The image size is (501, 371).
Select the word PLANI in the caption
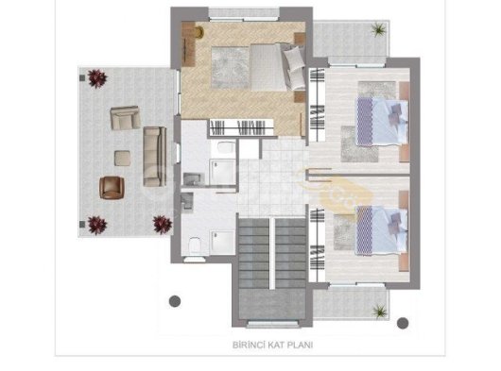300,345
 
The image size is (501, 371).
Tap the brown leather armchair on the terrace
112,188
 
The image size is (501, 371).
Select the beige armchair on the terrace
125,118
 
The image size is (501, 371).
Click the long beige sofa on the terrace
155,157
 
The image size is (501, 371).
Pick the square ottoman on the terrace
122,159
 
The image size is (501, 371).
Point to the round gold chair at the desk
199,31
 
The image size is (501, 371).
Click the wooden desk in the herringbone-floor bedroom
188,44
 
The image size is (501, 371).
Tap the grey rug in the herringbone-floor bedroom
230,67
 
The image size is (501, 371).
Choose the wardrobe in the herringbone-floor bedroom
242,127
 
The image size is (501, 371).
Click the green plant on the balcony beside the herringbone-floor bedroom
379,29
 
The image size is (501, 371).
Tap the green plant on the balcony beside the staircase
380,311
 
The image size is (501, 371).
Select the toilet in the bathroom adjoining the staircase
195,245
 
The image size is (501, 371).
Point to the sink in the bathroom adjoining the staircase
187,202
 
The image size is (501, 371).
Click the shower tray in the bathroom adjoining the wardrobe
223,172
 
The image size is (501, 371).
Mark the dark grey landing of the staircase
272,304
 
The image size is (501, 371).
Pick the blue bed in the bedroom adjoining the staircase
382,230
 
